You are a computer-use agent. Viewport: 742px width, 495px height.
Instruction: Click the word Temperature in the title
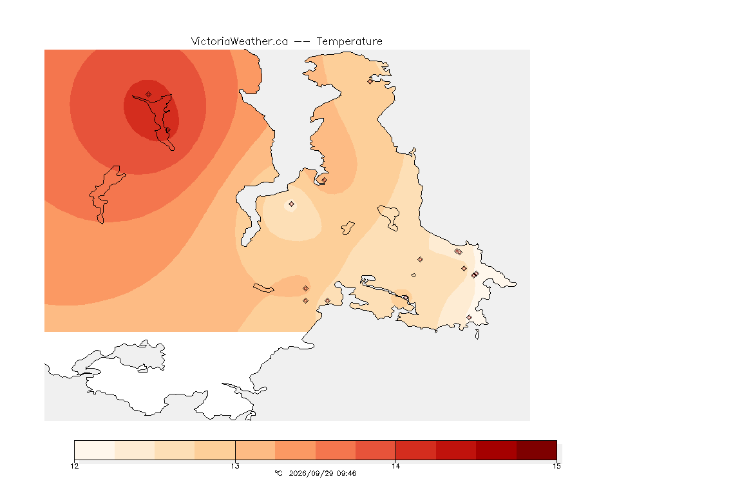[x=349, y=42]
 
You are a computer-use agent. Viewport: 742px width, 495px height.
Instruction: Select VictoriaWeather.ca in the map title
[x=240, y=42]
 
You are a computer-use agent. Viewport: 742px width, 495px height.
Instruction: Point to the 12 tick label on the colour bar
[x=75, y=466]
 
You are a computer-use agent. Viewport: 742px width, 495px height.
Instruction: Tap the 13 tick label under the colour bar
[x=235, y=466]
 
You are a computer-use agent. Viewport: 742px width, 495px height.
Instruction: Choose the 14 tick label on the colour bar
[x=395, y=466]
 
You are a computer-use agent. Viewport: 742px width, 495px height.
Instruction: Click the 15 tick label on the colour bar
[x=556, y=466]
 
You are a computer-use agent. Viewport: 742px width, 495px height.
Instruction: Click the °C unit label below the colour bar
[x=278, y=473]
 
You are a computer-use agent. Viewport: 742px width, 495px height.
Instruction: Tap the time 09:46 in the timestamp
[x=347, y=473]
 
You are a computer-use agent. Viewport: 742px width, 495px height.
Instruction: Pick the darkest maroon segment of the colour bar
[x=537, y=450]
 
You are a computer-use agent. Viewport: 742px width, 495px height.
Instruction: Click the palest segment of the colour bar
[x=95, y=450]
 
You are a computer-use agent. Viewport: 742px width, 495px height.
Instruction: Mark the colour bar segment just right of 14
[x=416, y=450]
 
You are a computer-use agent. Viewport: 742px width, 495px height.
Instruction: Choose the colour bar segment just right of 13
[x=255, y=450]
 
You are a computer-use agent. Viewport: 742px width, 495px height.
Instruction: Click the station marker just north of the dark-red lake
[x=149, y=95]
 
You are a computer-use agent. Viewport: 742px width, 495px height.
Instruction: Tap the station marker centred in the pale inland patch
[x=292, y=204]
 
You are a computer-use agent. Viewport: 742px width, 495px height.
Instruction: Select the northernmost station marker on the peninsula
[x=370, y=81]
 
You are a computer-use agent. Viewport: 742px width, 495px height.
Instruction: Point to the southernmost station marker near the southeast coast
[x=469, y=317]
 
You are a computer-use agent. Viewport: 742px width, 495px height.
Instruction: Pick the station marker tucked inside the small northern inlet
[x=324, y=180]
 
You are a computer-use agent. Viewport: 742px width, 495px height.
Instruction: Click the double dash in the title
[x=302, y=42]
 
